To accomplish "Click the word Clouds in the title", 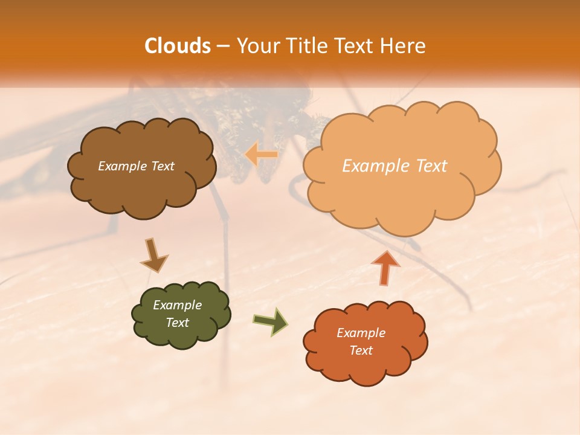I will tap(178, 46).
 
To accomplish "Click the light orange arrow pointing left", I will tap(261, 155).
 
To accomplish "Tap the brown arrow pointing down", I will tap(153, 256).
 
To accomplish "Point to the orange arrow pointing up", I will tap(385, 267).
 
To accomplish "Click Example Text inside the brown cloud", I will tap(136, 166).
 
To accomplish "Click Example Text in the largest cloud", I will tap(395, 166).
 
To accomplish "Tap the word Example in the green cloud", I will tap(177, 305).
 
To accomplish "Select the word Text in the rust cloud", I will tap(361, 350).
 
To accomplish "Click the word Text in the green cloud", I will tap(177, 323).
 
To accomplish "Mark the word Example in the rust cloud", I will tap(361, 333).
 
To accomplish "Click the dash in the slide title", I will tap(223, 46).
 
